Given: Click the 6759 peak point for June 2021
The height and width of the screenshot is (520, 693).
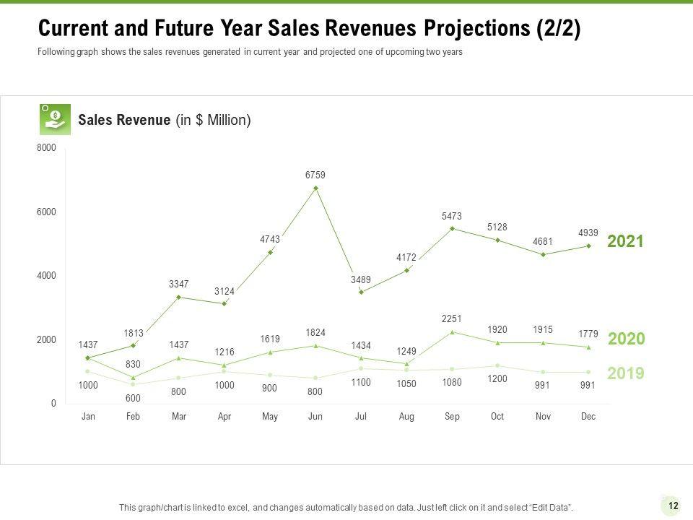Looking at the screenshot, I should click(x=315, y=188).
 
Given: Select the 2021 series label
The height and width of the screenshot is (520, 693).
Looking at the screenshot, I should click(x=625, y=242).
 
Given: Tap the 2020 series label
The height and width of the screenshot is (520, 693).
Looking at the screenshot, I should click(x=627, y=339).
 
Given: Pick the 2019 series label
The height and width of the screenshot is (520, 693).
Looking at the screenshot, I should click(x=625, y=373).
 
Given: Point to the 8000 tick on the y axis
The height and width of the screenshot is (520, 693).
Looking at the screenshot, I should click(x=46, y=148).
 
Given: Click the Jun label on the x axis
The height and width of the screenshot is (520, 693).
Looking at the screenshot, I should click(x=315, y=417).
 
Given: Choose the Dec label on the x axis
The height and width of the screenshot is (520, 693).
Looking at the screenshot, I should click(x=588, y=417).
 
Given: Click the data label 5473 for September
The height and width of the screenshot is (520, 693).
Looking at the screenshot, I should click(x=452, y=216).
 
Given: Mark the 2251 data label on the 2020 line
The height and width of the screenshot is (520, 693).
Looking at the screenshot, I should click(x=452, y=318).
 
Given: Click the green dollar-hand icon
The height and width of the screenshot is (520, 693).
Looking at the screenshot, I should click(x=55, y=119).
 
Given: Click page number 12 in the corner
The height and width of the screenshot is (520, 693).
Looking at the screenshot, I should click(x=673, y=506).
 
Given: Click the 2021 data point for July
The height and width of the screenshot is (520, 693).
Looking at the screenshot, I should click(x=361, y=292).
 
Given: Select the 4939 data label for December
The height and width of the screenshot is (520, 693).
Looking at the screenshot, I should click(x=588, y=233).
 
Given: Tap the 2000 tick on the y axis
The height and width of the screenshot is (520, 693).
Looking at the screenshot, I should click(x=46, y=339).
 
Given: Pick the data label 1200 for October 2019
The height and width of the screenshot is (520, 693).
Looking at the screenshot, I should click(x=497, y=378).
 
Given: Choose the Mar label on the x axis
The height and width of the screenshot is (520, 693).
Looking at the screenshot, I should click(x=179, y=417).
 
